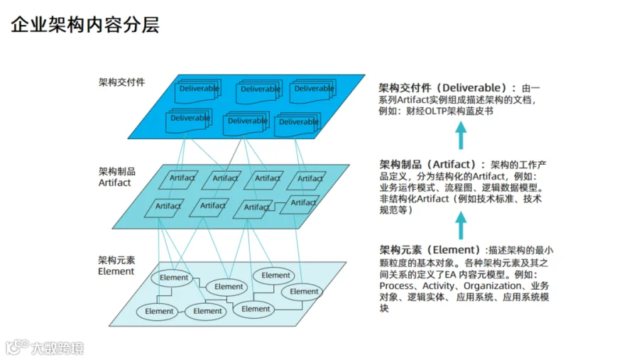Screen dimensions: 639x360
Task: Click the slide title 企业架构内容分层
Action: coord(84,24)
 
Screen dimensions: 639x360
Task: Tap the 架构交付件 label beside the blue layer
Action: coord(121,82)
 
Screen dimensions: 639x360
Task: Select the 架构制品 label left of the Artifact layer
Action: coord(117,171)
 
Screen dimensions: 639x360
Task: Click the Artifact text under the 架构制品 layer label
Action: coord(114,182)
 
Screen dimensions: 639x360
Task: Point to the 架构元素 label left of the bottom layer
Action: coord(116,260)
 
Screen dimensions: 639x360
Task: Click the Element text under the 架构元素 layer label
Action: coord(116,271)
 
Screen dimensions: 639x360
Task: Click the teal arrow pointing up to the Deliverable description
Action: coord(461,136)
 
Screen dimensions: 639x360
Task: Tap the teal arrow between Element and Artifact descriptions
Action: coord(461,225)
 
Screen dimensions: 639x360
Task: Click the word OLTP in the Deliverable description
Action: coord(436,111)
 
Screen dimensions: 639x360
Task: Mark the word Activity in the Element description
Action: coord(438,285)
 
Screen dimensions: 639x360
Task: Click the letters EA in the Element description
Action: coord(450,274)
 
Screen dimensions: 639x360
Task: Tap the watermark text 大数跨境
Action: coord(58,348)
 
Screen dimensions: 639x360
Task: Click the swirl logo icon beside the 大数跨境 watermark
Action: coord(17,347)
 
